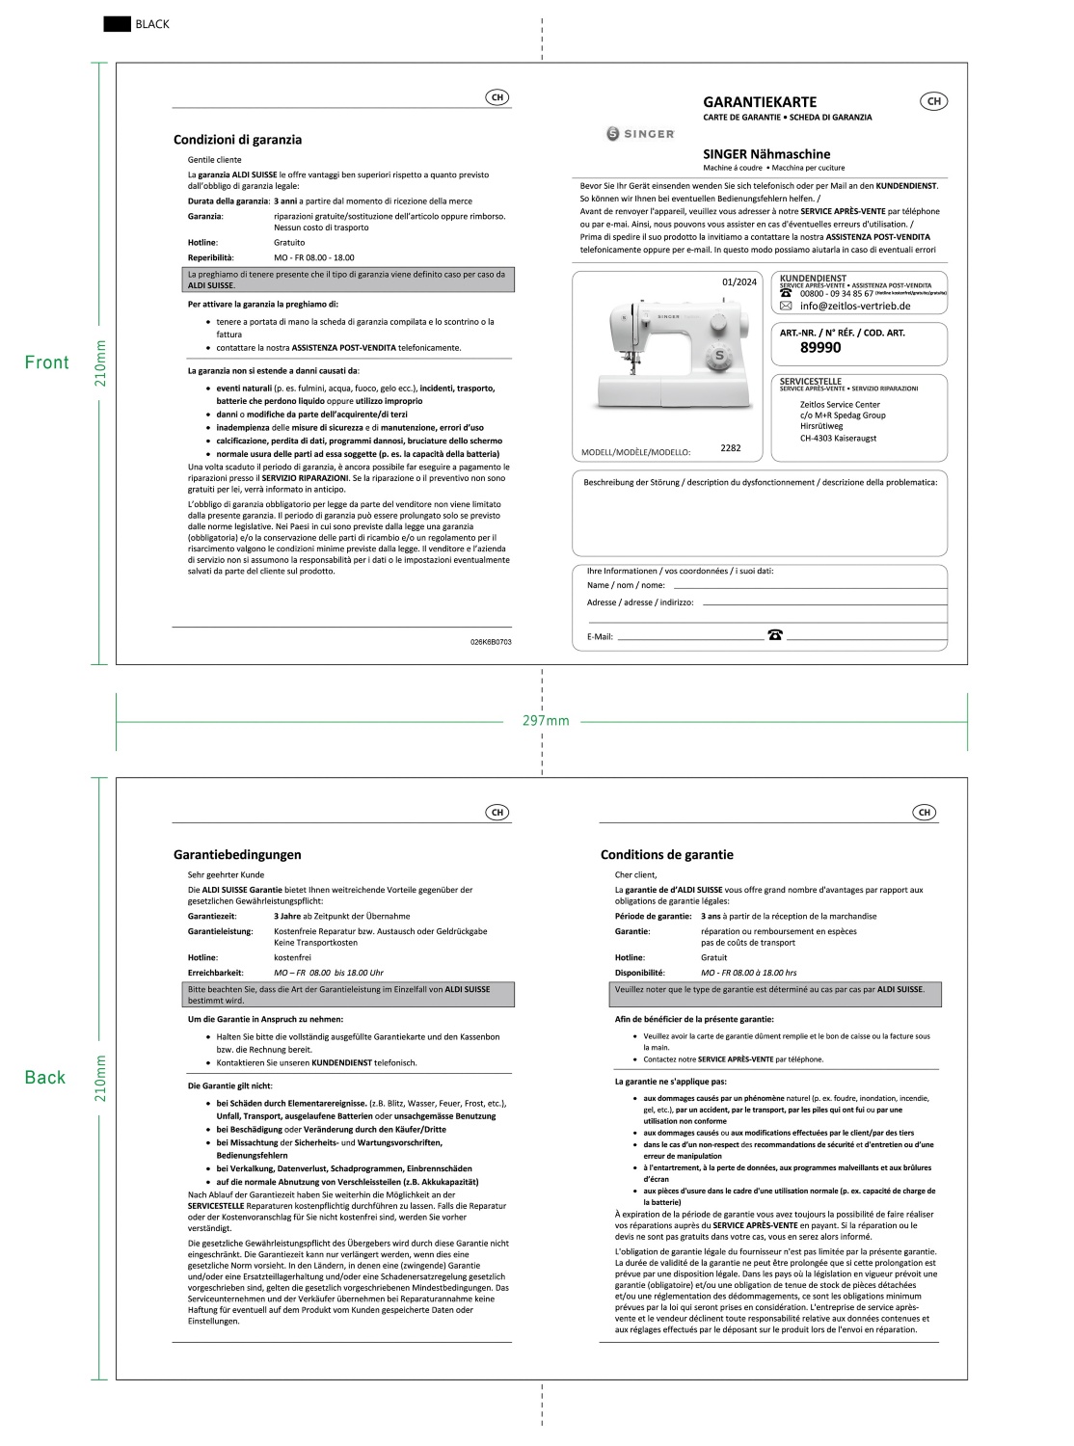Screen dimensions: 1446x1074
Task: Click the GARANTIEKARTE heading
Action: coord(760,101)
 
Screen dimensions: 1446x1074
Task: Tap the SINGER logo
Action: coord(640,134)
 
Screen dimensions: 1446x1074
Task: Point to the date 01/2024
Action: coord(739,282)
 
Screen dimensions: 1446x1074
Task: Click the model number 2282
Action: coord(731,448)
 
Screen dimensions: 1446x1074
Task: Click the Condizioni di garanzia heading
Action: coord(237,140)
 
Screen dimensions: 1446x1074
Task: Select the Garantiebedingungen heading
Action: coord(237,854)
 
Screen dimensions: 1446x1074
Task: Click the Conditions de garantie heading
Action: coord(667,854)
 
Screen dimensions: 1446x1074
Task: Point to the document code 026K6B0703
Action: coord(491,641)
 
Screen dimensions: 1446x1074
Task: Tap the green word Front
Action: coord(47,362)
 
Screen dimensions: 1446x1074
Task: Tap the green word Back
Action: coord(45,1078)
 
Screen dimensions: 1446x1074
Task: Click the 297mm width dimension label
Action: coord(546,721)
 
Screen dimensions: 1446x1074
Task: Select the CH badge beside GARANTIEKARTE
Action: coord(933,101)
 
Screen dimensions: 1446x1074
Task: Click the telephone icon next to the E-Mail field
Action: coord(775,634)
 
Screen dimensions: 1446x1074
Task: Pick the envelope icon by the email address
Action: coord(786,306)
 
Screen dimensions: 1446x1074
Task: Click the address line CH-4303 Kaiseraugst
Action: coord(838,438)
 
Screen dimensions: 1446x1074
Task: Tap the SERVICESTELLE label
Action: coord(811,381)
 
